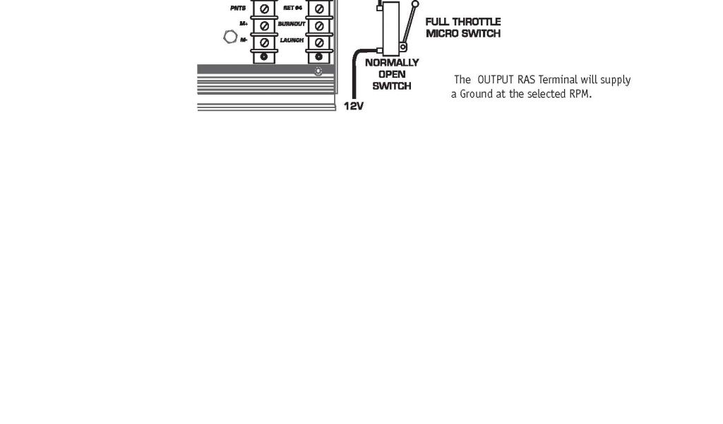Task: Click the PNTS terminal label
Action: pyautogui.click(x=237, y=8)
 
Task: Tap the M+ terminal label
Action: pyautogui.click(x=243, y=25)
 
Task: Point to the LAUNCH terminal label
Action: pyautogui.click(x=292, y=40)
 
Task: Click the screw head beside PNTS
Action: pyautogui.click(x=264, y=8)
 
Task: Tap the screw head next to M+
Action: pyautogui.click(x=264, y=25)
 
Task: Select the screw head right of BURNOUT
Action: pyautogui.click(x=319, y=25)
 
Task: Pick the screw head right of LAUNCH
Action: pyautogui.click(x=319, y=40)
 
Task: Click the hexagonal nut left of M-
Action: pyautogui.click(x=229, y=37)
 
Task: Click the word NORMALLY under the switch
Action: pyautogui.click(x=392, y=62)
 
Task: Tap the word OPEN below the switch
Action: pyautogui.click(x=392, y=74)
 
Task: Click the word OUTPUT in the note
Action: pyautogui.click(x=494, y=80)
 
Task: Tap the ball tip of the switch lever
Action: pyautogui.click(x=415, y=4)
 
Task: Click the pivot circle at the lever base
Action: pyautogui.click(x=402, y=47)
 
